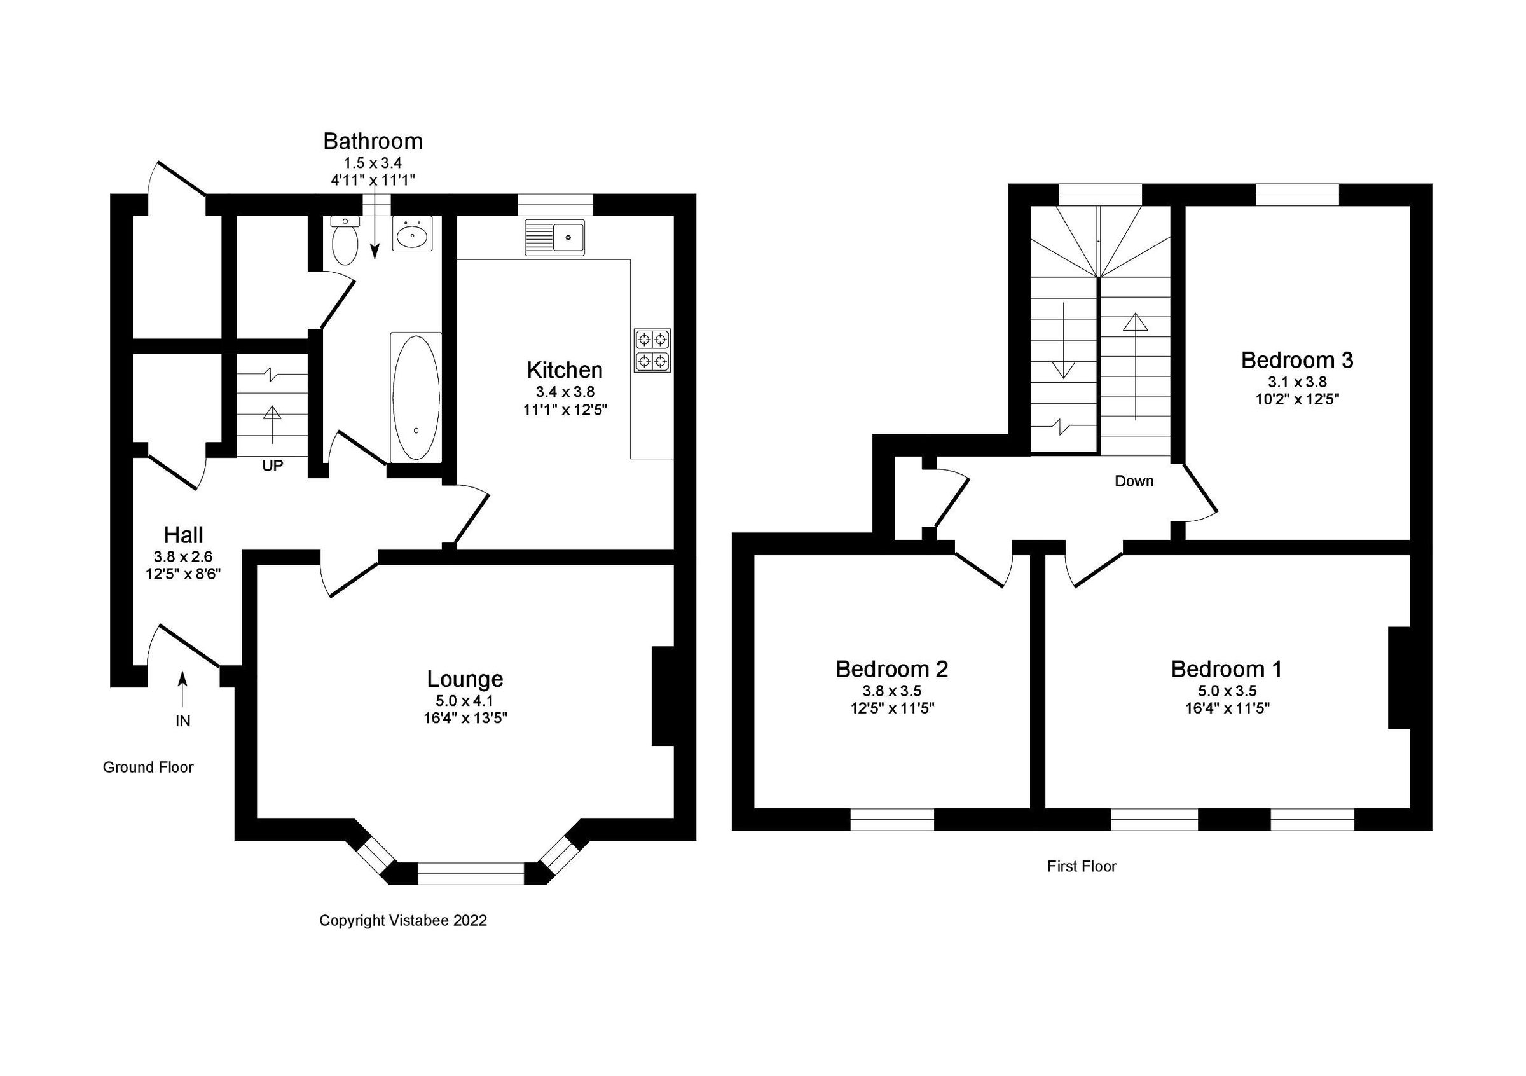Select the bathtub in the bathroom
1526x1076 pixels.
[x=416, y=397]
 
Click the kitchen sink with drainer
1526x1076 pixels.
[x=554, y=237]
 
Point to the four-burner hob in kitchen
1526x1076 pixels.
[x=652, y=350]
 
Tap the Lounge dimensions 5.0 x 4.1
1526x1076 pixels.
[x=465, y=701]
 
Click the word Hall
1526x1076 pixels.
[x=184, y=535]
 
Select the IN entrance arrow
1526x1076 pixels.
[x=182, y=688]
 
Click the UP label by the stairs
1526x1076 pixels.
[x=273, y=466]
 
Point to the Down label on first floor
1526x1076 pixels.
[x=1134, y=481]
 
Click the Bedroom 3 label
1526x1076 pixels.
[x=1296, y=360]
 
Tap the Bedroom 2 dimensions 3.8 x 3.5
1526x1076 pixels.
[x=892, y=691]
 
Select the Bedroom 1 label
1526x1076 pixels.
[x=1227, y=669]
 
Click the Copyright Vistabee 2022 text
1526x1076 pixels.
[x=402, y=920]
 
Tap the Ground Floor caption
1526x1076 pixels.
[x=148, y=768]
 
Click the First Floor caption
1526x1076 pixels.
[x=1082, y=867]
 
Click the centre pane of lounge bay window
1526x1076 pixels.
[x=471, y=873]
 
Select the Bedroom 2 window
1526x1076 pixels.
[x=892, y=820]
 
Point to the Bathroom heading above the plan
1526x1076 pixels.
[x=373, y=142]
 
